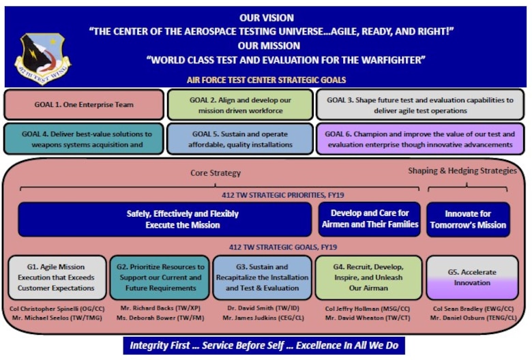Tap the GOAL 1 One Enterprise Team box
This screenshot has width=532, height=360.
(x=84, y=104)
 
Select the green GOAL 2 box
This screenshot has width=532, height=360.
(x=240, y=105)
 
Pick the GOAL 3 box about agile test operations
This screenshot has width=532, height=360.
(x=420, y=105)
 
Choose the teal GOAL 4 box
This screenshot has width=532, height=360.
(x=84, y=139)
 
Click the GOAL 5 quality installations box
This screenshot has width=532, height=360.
(x=240, y=139)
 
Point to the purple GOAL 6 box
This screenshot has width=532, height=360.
(x=420, y=139)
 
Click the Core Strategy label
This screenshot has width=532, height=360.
(x=216, y=172)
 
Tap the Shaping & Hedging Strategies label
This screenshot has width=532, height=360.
(x=462, y=170)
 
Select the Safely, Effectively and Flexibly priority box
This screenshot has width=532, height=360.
(x=165, y=219)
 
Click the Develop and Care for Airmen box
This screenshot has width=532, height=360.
(x=370, y=219)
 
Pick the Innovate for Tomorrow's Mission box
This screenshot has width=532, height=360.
(x=468, y=219)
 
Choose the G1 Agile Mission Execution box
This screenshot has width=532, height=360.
(x=57, y=277)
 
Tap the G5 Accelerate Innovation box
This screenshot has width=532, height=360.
(x=472, y=277)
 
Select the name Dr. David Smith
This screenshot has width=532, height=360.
(x=250, y=308)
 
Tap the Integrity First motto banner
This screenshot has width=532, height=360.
(x=264, y=346)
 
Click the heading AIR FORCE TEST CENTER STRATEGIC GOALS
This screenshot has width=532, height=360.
(x=266, y=80)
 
